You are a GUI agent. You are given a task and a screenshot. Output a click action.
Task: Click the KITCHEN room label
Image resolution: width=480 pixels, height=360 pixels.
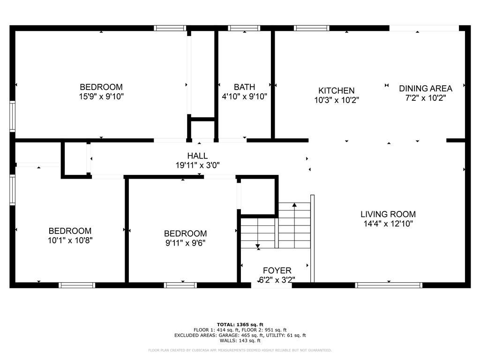click(x=337, y=90)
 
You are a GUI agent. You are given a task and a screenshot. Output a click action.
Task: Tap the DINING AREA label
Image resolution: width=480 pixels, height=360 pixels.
click(x=426, y=89)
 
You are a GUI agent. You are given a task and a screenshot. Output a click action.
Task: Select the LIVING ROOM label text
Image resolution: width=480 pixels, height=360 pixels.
click(x=388, y=214)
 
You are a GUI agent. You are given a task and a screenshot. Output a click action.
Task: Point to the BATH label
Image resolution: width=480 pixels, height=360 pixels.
click(x=244, y=87)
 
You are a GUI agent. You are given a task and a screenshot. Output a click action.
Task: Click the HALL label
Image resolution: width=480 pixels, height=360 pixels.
click(x=197, y=156)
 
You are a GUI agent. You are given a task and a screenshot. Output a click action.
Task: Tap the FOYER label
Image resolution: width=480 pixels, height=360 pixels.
click(x=277, y=270)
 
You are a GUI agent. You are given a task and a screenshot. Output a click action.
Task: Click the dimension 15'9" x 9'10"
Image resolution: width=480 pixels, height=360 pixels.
click(x=101, y=97)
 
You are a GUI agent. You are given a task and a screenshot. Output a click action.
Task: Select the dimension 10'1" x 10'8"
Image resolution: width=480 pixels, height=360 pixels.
click(x=70, y=240)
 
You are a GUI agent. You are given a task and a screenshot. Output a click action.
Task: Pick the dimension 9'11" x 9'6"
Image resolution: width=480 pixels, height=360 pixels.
click(x=185, y=243)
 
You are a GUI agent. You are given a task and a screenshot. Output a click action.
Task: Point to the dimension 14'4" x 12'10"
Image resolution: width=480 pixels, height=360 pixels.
click(x=388, y=224)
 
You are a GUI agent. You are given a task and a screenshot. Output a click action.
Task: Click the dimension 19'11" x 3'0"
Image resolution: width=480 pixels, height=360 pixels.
click(x=197, y=165)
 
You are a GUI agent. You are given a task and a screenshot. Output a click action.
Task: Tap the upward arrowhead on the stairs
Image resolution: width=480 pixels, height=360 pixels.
click(x=294, y=204)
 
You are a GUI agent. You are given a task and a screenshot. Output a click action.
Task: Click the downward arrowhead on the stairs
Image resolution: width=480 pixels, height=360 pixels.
click(x=258, y=246)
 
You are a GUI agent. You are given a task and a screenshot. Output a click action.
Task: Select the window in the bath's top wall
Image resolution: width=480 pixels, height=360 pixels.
click(x=244, y=28)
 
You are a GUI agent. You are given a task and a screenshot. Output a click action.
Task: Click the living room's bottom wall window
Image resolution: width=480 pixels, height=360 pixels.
click(x=389, y=285)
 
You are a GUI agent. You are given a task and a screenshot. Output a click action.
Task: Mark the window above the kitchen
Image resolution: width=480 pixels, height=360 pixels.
click(x=312, y=28)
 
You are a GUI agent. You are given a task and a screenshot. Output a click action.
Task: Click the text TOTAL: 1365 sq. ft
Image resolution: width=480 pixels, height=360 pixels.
click(x=240, y=324)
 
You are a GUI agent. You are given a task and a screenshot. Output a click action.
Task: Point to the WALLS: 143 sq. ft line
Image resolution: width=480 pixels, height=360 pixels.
click(x=240, y=340)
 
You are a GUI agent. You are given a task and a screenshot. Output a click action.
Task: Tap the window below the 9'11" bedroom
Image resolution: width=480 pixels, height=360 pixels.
click(x=180, y=285)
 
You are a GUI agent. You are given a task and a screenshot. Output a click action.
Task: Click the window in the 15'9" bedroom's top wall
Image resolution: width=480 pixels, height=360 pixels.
click(x=170, y=28)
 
